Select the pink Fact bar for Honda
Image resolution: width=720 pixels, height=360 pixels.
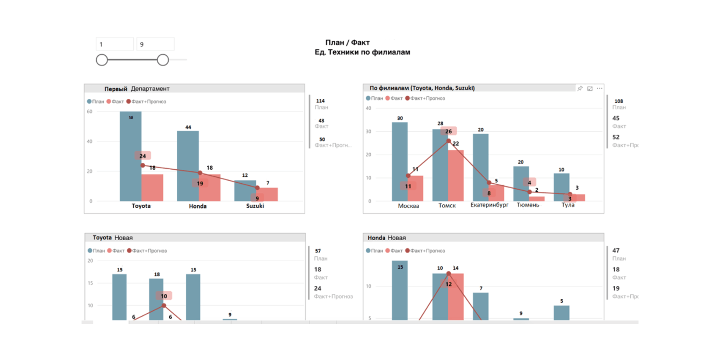pyautogui.click(x=210, y=188)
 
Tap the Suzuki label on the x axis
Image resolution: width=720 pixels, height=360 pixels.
pyautogui.click(x=255, y=206)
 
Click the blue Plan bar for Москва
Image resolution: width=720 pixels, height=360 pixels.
pyautogui.click(x=400, y=161)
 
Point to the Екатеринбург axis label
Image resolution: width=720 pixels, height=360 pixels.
pyautogui.click(x=489, y=205)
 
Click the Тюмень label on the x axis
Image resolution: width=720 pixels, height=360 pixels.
pyautogui.click(x=528, y=205)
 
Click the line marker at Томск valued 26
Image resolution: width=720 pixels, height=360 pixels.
pyautogui.click(x=449, y=141)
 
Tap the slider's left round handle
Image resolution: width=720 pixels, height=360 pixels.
pyautogui.click(x=102, y=60)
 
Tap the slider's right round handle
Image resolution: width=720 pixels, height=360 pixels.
pyautogui.click(x=163, y=60)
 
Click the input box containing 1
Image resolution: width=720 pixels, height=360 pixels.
pyautogui.click(x=114, y=44)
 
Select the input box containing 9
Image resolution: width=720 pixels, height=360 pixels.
pyautogui.click(x=155, y=44)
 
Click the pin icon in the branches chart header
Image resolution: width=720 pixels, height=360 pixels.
pyautogui.click(x=580, y=88)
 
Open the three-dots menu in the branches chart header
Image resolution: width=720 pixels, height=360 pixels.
pyautogui.click(x=600, y=88)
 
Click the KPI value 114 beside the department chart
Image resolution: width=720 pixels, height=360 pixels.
pyautogui.click(x=320, y=101)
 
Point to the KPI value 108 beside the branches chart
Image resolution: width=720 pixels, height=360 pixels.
pyautogui.click(x=618, y=101)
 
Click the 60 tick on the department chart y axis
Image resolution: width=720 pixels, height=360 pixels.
pyautogui.click(x=90, y=112)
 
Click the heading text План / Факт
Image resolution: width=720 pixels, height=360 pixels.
pyautogui.click(x=348, y=42)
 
